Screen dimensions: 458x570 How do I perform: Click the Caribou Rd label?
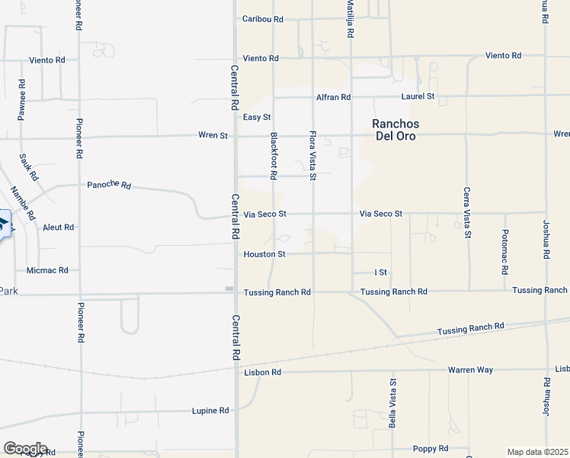(x=262, y=19)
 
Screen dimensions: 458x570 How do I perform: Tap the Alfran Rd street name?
(x=333, y=98)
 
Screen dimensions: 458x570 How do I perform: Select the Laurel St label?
(x=418, y=97)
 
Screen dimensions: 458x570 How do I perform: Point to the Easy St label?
(x=257, y=118)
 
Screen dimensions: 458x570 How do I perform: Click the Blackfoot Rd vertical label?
(x=273, y=156)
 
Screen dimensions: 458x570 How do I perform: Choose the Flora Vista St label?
(x=312, y=155)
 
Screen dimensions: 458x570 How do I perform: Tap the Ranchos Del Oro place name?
(x=395, y=130)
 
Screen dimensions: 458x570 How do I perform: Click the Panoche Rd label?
(x=109, y=185)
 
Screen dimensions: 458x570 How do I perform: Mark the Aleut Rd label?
(x=58, y=227)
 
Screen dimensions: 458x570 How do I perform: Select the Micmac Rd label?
(x=47, y=270)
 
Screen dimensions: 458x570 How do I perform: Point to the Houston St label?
(x=264, y=254)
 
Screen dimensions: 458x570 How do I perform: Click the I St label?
(x=380, y=273)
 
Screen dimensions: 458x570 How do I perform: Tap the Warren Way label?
(x=470, y=370)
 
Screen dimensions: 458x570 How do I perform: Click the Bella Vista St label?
(x=393, y=404)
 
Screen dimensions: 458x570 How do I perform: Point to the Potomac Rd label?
(x=505, y=251)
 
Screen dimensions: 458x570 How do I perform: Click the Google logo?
(x=25, y=449)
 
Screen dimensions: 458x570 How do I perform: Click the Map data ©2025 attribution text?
(x=537, y=452)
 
